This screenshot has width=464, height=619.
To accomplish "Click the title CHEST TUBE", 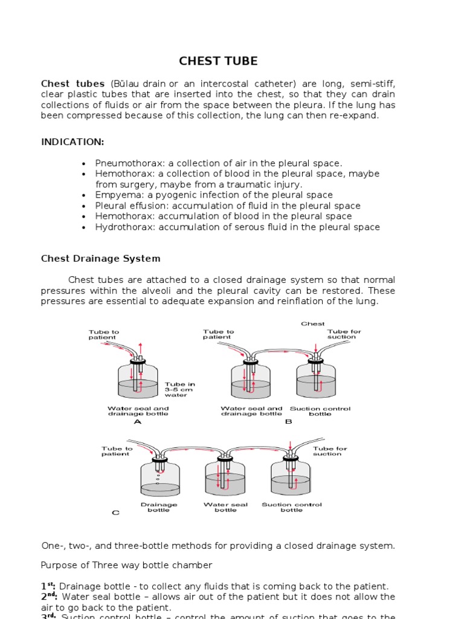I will point(218,61).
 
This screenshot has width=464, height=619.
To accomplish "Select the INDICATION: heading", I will point(72,142).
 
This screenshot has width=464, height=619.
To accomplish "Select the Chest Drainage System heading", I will point(101,259).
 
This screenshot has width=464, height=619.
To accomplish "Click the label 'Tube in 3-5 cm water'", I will point(179,390).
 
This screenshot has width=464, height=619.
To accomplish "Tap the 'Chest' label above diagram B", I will point(313,324).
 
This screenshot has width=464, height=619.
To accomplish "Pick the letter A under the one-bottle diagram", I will point(137,422).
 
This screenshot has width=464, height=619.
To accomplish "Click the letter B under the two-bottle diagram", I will point(288,422).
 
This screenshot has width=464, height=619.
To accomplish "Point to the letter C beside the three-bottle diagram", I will point(115,513).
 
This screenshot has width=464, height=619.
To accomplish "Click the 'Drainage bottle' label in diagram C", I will point(159,507).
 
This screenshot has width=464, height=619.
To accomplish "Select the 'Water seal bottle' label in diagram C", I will point(225,507).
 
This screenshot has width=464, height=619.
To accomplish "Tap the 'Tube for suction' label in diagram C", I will point(330,451).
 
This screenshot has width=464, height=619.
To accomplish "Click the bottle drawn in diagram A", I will point(138,384).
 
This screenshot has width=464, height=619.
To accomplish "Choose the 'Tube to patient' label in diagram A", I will point(104,334).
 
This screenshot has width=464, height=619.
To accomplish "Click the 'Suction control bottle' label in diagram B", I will point(320,411).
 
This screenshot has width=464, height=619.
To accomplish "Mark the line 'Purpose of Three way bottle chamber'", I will point(126,565).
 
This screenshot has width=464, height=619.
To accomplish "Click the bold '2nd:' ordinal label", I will point(49,597).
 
